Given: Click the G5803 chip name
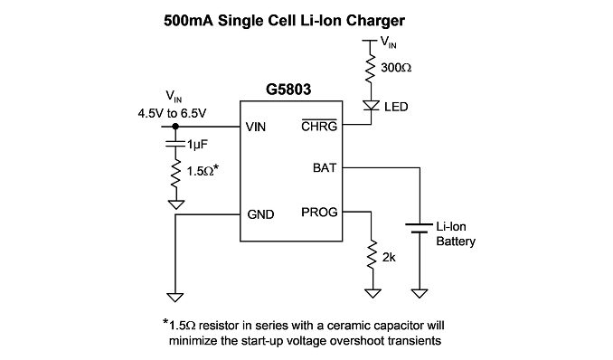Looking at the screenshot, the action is click(x=288, y=90).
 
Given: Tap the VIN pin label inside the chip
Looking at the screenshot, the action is click(x=256, y=127).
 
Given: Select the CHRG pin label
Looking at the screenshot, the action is click(x=319, y=126).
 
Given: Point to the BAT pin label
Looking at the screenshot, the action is click(x=325, y=168).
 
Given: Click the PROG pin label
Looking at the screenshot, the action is click(x=319, y=212).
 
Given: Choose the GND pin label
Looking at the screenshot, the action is click(x=260, y=214).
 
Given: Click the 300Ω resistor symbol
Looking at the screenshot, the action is click(x=371, y=68).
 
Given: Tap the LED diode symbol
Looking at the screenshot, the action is click(x=371, y=106).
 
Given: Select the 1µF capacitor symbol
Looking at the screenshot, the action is click(x=175, y=144).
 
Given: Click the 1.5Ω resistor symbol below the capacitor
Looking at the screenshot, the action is click(x=176, y=173).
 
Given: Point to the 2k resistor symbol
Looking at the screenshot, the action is click(x=373, y=255).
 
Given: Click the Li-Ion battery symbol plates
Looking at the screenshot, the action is click(x=420, y=228).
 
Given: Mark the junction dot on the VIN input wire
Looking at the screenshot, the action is click(x=175, y=127).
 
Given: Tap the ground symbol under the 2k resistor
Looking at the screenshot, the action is click(x=373, y=293).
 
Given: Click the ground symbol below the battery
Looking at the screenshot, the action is click(x=420, y=293).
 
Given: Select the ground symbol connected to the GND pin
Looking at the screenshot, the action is click(x=175, y=298).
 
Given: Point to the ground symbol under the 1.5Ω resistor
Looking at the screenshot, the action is click(x=176, y=204).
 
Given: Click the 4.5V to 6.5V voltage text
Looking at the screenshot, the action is click(x=172, y=113).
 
